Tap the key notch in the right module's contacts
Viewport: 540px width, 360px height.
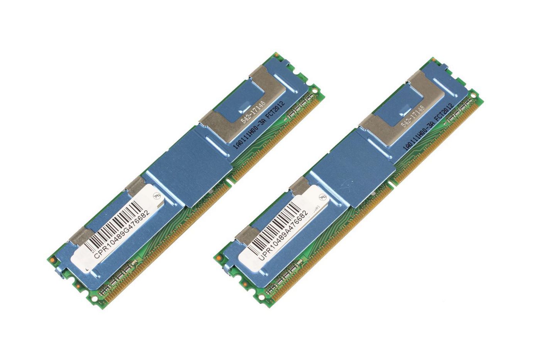(390, 184)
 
